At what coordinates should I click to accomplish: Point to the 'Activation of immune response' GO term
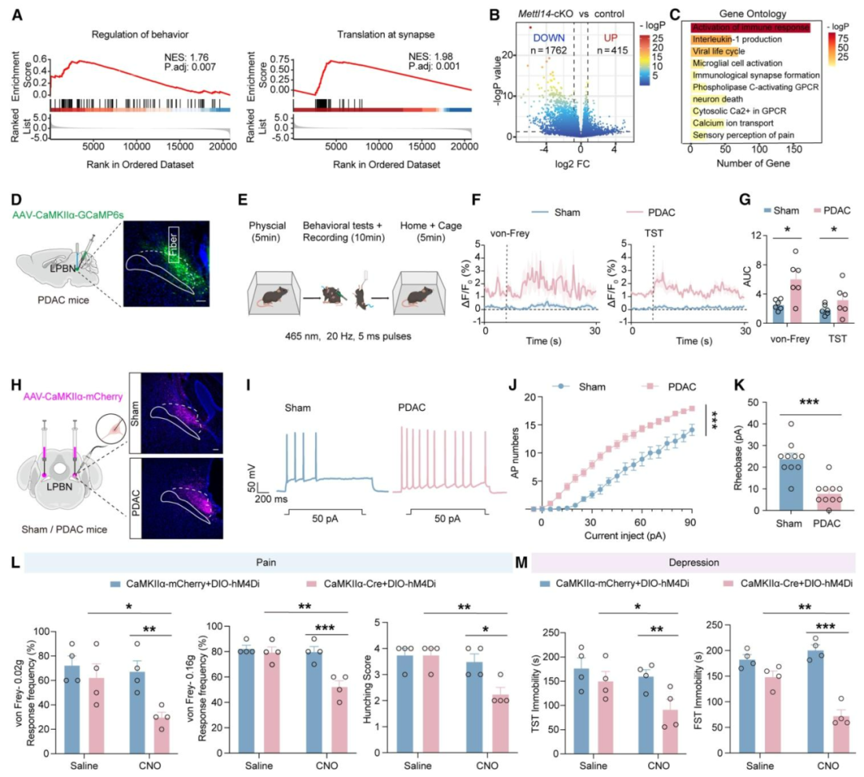coord(751,27)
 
